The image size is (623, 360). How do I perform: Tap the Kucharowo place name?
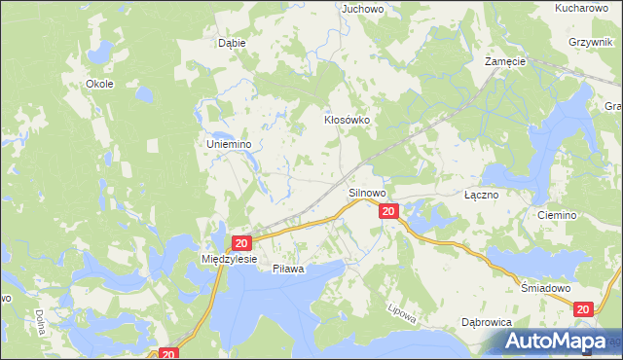[x=588, y=7]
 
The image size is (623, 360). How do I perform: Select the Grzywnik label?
[x=594, y=43]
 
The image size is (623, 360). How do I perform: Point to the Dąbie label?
[x=232, y=43]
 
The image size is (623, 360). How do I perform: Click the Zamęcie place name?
[x=505, y=60]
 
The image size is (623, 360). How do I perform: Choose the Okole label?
[x=100, y=84]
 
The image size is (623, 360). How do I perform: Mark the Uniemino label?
[x=230, y=144]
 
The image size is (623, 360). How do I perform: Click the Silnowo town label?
[x=368, y=194]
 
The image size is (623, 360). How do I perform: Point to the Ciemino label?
[x=557, y=215]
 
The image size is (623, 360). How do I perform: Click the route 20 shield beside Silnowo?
[x=388, y=211]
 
